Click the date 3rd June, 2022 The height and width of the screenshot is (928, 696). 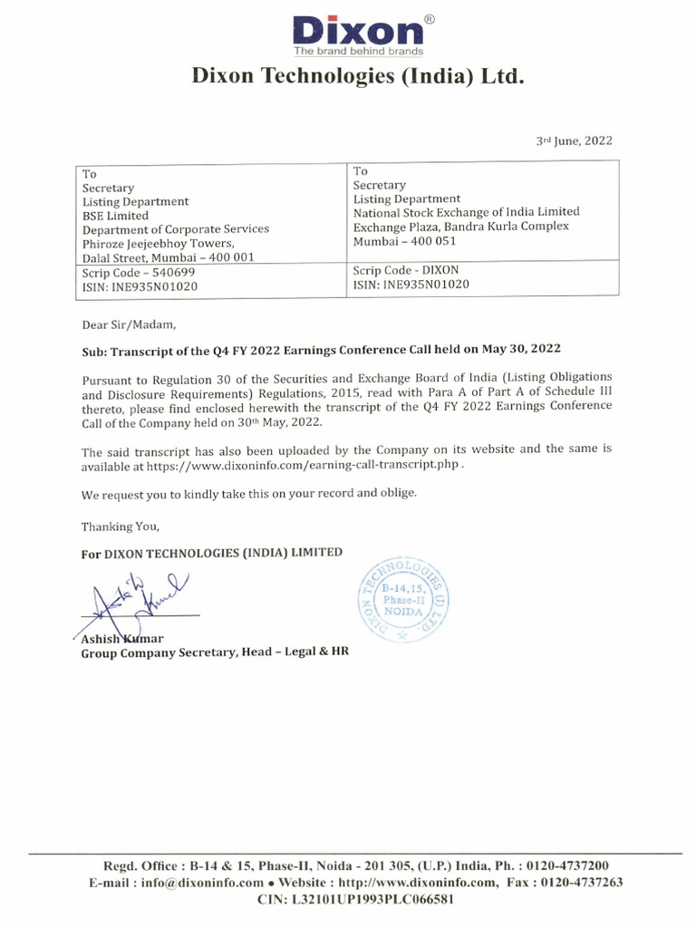pyautogui.click(x=575, y=140)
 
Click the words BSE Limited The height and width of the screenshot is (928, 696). pyautogui.click(x=115, y=216)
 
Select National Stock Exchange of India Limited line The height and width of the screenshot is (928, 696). pyautogui.click(x=466, y=212)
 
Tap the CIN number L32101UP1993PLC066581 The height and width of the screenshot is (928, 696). pyautogui.click(x=355, y=900)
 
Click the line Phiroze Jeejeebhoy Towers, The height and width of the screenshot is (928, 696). pyautogui.click(x=159, y=244)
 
